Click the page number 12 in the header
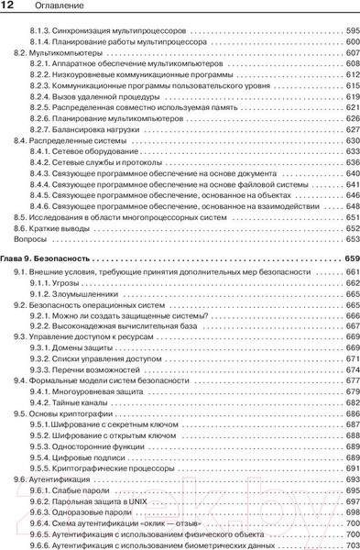14,8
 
